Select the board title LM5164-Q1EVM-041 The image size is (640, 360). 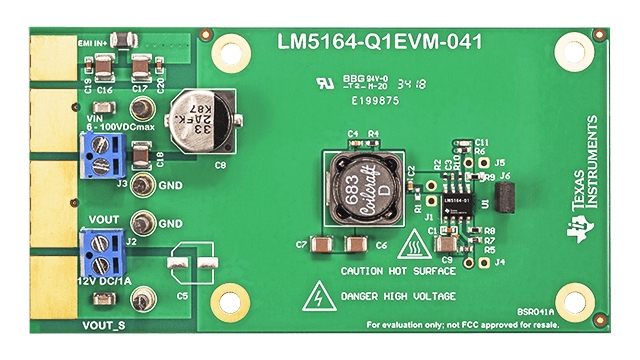379,43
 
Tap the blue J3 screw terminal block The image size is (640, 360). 102,156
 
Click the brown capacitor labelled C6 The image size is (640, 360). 354,244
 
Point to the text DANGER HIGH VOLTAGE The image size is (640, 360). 398,297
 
